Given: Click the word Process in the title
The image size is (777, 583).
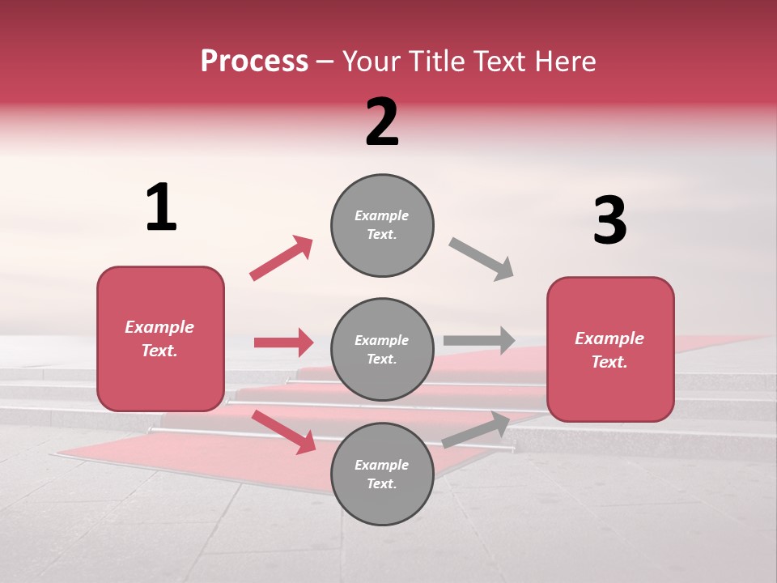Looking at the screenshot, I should [x=254, y=61].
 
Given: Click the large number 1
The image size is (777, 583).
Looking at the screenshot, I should [x=161, y=207].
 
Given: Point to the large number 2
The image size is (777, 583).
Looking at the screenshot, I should [x=382, y=122].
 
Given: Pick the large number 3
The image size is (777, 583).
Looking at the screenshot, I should [x=609, y=220].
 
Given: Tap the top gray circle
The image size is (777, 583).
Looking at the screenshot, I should [x=382, y=225].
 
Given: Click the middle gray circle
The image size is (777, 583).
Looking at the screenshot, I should [x=382, y=349].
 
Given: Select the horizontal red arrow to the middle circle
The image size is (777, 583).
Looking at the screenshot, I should [x=283, y=343].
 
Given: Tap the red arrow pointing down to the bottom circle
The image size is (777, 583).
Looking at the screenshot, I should [x=284, y=432].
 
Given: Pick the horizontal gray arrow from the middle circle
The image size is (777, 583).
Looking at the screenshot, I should [x=479, y=340].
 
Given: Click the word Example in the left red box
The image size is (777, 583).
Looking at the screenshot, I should [x=159, y=327].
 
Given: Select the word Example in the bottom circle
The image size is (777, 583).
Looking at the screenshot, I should [x=381, y=465].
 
